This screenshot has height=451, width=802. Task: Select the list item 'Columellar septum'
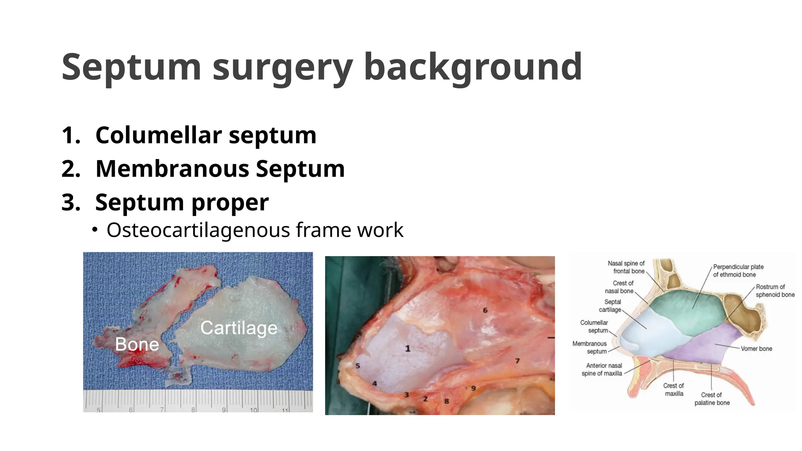click(x=206, y=135)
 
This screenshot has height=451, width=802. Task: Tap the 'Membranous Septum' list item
click(x=220, y=169)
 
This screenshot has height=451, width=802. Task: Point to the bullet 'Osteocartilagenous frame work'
click(x=255, y=230)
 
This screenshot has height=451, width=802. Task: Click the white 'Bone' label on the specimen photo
click(x=137, y=345)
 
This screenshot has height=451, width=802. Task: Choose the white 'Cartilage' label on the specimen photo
click(x=239, y=328)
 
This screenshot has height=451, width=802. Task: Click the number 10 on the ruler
click(x=254, y=410)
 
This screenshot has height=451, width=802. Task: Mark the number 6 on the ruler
click(x=131, y=410)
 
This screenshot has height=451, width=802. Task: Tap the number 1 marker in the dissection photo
click(x=408, y=348)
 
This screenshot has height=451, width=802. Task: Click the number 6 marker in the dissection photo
click(x=485, y=310)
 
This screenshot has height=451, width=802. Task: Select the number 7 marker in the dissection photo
click(x=517, y=361)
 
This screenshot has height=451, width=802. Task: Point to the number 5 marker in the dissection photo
click(x=358, y=366)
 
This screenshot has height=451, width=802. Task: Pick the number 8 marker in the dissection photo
click(x=446, y=401)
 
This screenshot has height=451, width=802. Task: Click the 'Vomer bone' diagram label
click(x=756, y=348)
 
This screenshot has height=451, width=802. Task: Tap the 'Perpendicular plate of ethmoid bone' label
click(x=738, y=271)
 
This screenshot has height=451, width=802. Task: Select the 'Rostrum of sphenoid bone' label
click(x=775, y=290)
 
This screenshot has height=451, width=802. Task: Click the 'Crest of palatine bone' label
click(x=712, y=399)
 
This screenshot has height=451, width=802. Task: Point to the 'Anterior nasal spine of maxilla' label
click(x=602, y=369)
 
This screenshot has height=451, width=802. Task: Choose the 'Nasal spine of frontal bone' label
click(x=626, y=267)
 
